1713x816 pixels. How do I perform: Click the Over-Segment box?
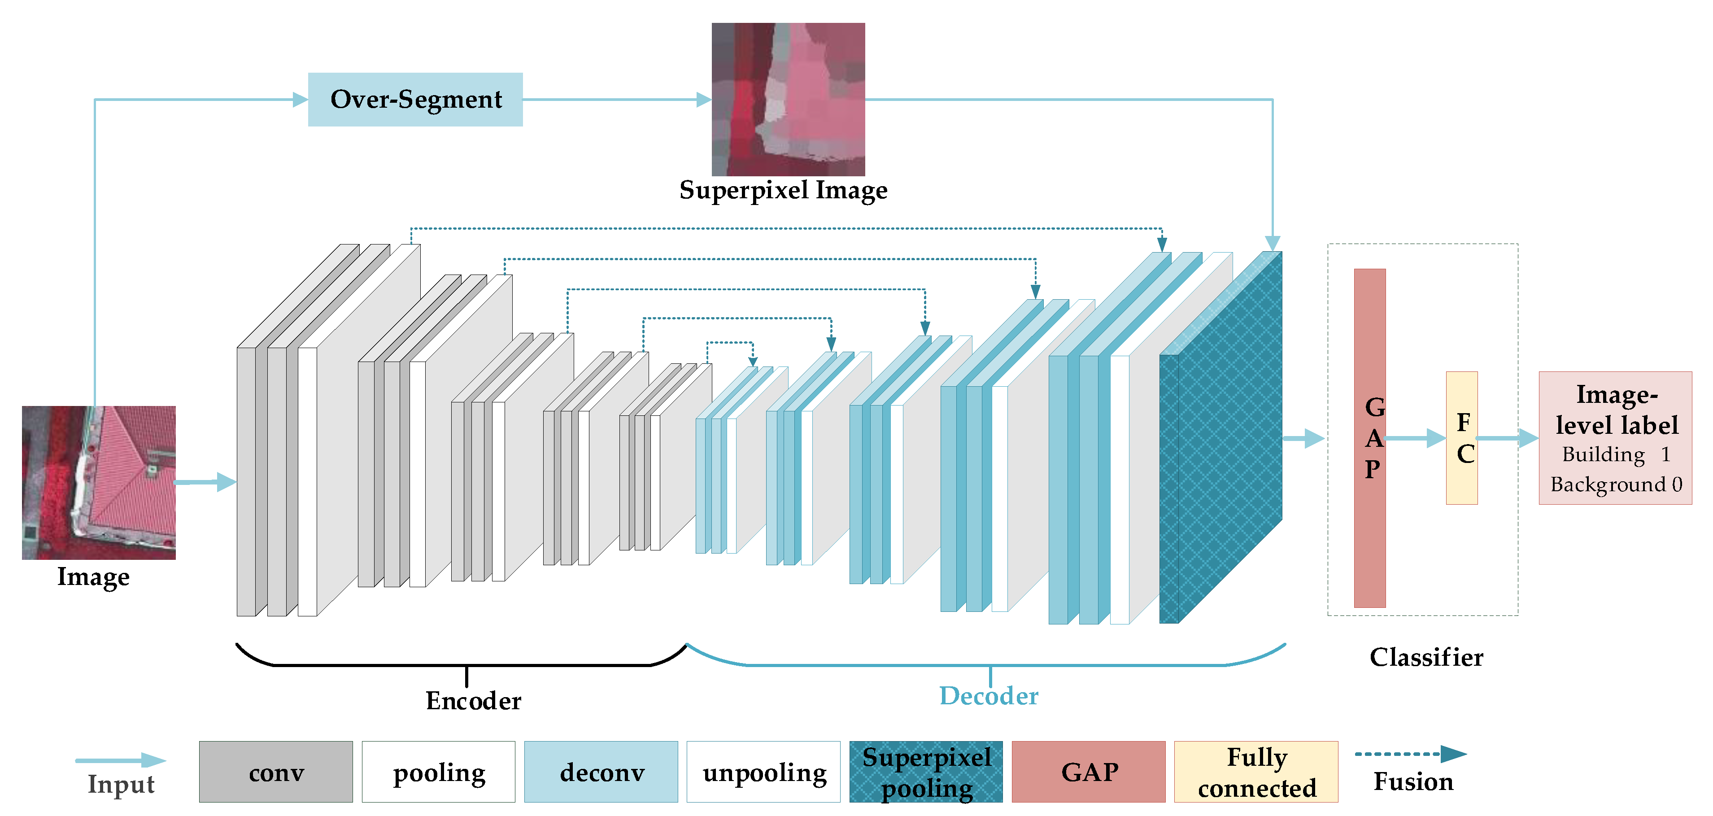coord(415,99)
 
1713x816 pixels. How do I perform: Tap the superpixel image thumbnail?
coord(788,99)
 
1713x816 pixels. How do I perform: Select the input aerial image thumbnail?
coord(98,482)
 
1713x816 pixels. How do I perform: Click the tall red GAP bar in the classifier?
coord(1369,532)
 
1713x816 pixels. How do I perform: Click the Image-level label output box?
coord(1615,437)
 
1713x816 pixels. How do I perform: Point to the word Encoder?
coord(474,700)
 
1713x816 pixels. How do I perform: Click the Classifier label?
coord(1426,657)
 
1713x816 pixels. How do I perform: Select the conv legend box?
coord(276,772)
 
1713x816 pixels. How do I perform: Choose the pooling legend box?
coord(438,772)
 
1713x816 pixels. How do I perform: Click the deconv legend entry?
coord(601,772)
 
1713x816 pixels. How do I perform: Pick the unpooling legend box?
coord(763,772)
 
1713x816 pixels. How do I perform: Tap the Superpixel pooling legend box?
coord(926,772)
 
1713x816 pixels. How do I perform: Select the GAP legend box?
coord(1089,772)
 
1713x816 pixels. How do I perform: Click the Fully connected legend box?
coord(1256,772)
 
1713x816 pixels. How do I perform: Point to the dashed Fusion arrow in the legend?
coord(1410,754)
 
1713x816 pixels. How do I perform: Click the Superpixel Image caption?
coord(783,190)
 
